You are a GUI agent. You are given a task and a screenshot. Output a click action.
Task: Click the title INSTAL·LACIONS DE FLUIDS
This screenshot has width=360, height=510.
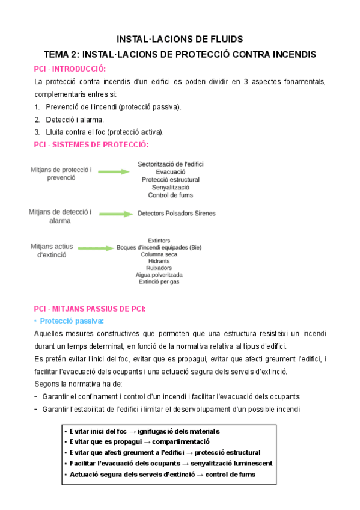point(180,39)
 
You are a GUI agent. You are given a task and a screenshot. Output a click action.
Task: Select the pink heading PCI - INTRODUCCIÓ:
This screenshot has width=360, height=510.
point(70,69)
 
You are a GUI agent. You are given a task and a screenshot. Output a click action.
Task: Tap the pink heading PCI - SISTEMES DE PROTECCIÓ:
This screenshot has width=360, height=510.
point(91,144)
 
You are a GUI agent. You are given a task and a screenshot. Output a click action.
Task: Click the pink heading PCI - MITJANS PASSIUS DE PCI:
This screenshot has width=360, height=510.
point(90,309)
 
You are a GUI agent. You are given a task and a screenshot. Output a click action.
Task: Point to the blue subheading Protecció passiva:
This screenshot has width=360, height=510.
point(72,321)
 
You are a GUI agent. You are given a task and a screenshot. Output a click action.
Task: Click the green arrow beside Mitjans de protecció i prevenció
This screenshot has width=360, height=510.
point(114,172)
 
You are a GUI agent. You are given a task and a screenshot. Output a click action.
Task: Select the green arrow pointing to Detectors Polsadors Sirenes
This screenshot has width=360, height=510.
point(115,214)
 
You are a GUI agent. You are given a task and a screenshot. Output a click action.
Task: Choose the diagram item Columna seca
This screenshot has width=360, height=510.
point(159,254)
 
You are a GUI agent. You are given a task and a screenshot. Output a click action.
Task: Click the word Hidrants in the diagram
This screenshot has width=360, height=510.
point(159,261)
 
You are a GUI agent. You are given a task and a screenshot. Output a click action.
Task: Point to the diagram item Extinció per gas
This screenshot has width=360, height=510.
point(159,281)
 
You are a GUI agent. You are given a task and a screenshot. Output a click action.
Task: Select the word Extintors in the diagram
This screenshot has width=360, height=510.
point(159,241)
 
